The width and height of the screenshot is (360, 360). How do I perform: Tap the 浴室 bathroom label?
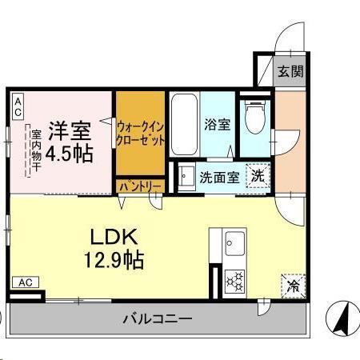click(x=217, y=125)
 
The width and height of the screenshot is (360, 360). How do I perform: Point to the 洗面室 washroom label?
click(x=218, y=177)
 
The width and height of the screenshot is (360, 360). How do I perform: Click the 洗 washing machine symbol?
click(x=258, y=174)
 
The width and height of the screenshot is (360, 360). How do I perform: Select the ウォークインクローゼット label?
click(x=141, y=132)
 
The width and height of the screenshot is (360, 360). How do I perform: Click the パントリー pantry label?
click(x=141, y=186)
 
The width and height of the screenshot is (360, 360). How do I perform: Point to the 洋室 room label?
click(x=68, y=128)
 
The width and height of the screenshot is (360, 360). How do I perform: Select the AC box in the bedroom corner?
click(x=18, y=107)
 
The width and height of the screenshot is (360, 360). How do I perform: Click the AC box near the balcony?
click(x=25, y=282)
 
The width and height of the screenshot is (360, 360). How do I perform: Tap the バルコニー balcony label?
click(x=158, y=319)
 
